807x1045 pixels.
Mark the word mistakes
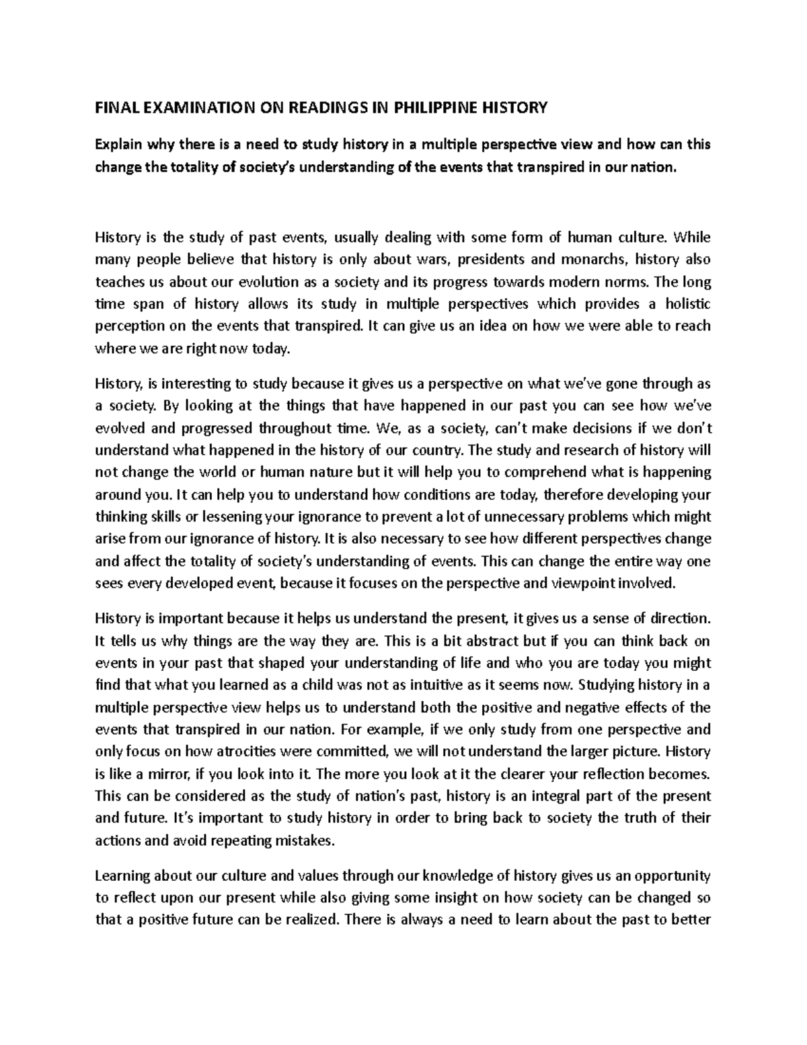coord(303,840)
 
